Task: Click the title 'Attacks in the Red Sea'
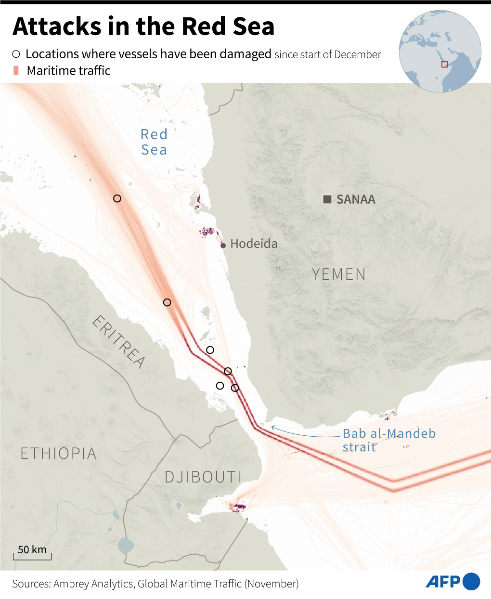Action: [143, 26]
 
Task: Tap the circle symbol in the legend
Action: [16, 54]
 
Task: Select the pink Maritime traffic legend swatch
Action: [16, 71]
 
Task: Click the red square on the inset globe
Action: [444, 64]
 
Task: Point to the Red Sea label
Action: [154, 142]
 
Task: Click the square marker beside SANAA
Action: [327, 199]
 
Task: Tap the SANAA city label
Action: [356, 199]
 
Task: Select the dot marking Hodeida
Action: [223, 246]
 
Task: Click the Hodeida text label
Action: [254, 244]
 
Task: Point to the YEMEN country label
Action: [339, 274]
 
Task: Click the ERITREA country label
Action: [118, 342]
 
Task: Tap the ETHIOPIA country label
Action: [58, 454]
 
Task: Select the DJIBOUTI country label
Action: [203, 477]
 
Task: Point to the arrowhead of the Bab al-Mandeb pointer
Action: [272, 427]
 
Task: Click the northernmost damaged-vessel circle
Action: [117, 198]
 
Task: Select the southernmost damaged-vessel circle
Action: [235, 388]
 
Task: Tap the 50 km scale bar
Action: [32, 557]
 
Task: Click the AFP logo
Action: [452, 582]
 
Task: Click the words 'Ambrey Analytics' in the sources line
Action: [93, 584]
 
